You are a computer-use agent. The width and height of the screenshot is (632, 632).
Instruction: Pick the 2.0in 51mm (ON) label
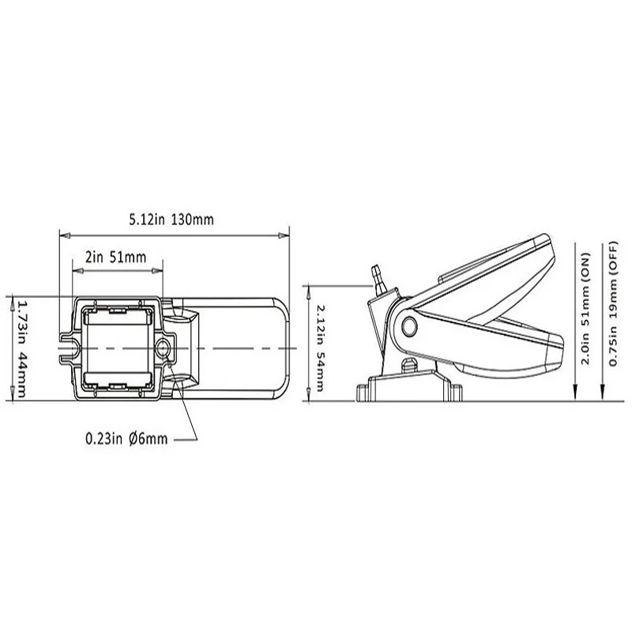(x=585, y=315)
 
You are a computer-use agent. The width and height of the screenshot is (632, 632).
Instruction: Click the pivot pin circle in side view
(x=409, y=326)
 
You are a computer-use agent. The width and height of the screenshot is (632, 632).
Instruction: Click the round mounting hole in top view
(x=164, y=348)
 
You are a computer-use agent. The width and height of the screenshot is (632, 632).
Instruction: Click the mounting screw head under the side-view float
(x=408, y=365)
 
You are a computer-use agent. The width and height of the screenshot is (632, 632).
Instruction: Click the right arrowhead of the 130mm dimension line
(x=284, y=235)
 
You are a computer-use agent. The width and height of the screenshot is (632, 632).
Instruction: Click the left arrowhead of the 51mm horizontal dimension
(x=76, y=271)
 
